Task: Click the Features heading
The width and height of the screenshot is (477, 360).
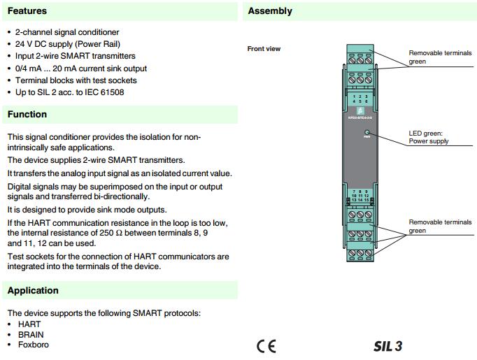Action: pos(27,11)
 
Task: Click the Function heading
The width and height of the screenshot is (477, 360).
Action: pos(27,115)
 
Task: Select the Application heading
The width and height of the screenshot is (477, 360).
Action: pos(33,291)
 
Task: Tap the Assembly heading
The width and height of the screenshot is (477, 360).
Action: pos(270,11)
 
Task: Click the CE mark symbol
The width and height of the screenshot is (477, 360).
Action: pos(266,346)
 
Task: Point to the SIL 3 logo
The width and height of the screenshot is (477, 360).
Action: pos(387,346)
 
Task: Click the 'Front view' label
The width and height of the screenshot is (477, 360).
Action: pos(264,49)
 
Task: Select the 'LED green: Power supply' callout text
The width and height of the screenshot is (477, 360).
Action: pos(429,137)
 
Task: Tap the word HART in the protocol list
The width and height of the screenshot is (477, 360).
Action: pos(29,324)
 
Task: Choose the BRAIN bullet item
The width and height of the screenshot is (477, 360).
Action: pos(31,335)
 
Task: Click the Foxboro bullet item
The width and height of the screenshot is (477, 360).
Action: pos(34,345)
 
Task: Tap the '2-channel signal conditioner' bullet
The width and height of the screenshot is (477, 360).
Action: pos(67,32)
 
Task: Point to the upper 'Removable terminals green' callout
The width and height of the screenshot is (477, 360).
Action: pos(440,57)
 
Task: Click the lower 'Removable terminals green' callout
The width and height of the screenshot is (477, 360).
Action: pos(440,226)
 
